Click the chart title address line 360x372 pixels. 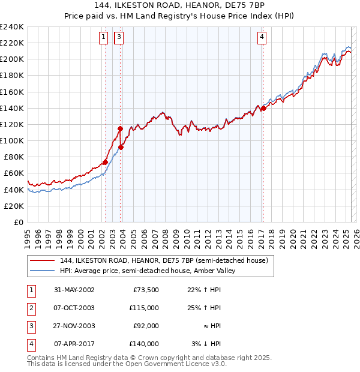point(180,5)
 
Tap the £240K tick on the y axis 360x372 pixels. point(12,26)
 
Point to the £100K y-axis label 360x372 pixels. point(12,140)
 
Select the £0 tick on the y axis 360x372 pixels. point(19,222)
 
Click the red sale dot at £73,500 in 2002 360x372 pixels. point(105,162)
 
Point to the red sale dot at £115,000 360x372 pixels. point(120,128)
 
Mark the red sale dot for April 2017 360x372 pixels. point(263,108)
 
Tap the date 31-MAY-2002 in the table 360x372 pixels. point(74,290)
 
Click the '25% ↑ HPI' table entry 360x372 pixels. point(203,308)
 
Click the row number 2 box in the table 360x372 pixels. point(31,308)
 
